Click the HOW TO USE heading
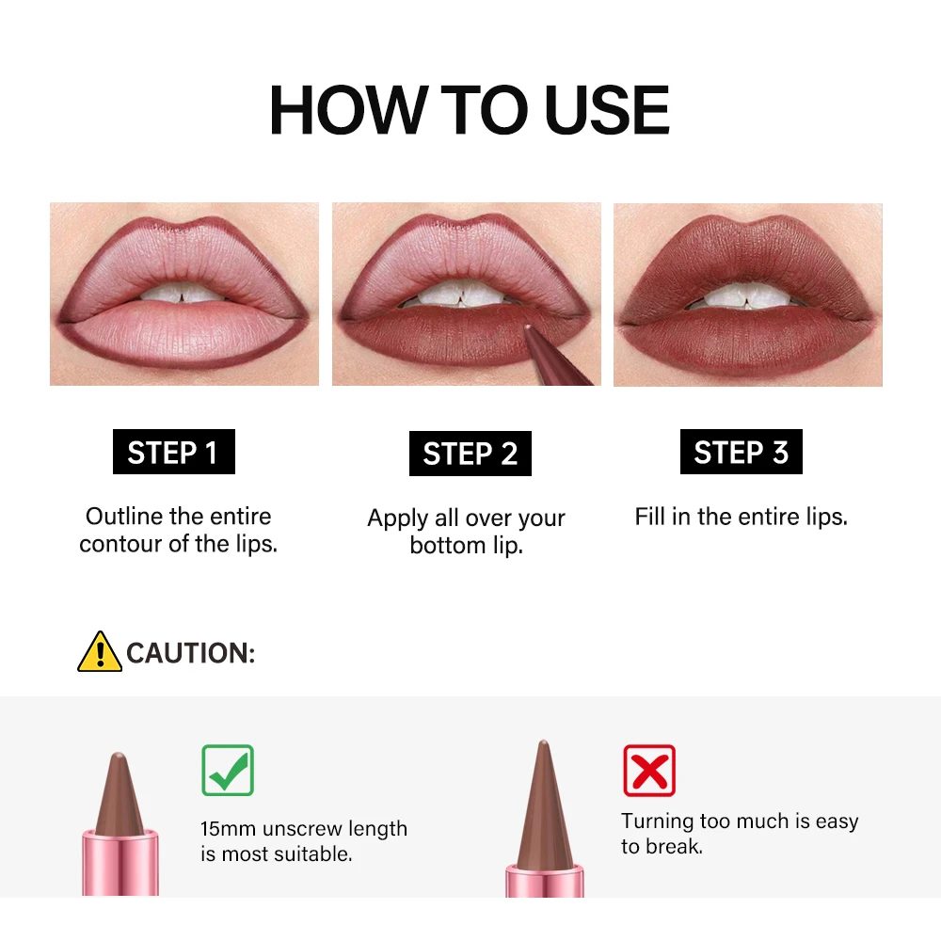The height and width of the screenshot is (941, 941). tap(469, 111)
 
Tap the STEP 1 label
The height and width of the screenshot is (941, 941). tap(173, 453)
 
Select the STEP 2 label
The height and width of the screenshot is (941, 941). tap(470, 454)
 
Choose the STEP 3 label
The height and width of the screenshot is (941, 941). tap(741, 453)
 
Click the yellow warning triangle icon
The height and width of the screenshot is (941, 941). tap(100, 651)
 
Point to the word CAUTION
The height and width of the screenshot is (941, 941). tap(190, 653)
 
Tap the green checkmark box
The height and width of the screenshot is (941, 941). tap(228, 770)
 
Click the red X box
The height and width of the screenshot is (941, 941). tap(649, 771)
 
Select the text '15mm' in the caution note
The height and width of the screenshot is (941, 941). tap(228, 829)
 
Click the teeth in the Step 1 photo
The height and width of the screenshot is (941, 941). tap(183, 294)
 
